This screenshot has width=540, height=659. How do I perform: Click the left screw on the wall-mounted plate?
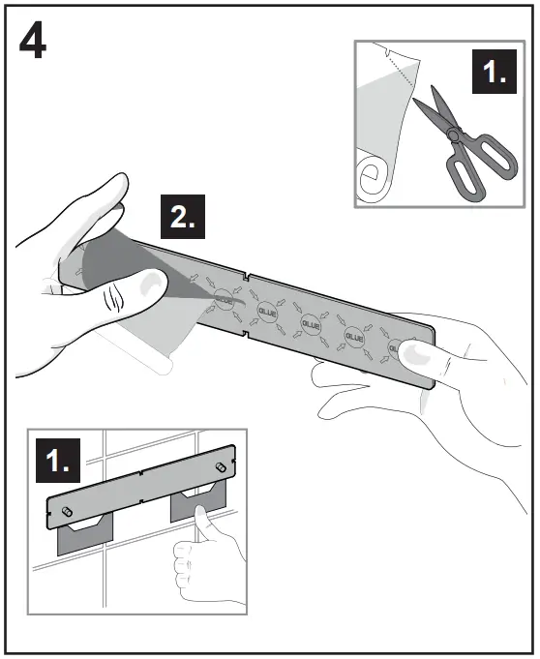point(65,510)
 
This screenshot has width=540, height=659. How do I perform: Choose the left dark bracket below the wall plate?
point(84,534)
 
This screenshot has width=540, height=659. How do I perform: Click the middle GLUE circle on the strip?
point(312,322)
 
